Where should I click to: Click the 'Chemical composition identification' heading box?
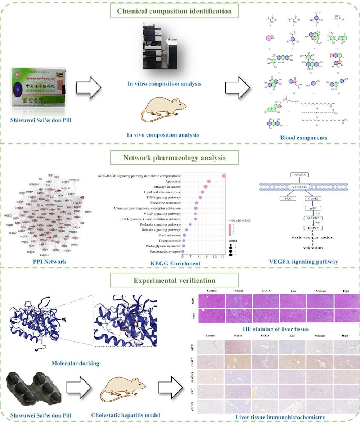point(174,11)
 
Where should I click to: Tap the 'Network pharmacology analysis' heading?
point(174,158)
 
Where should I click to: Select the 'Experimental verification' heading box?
point(174,280)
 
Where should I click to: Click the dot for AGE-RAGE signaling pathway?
point(224,176)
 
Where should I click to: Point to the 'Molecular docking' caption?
point(75,363)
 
